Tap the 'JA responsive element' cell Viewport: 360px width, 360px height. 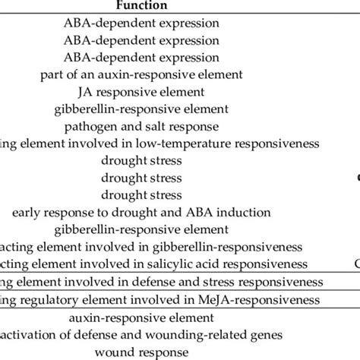coord(142,92)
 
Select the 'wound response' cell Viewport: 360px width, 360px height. coord(142,352)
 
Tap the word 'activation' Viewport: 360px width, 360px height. coord(30,335)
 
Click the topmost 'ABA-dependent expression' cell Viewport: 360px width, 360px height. coord(142,22)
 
